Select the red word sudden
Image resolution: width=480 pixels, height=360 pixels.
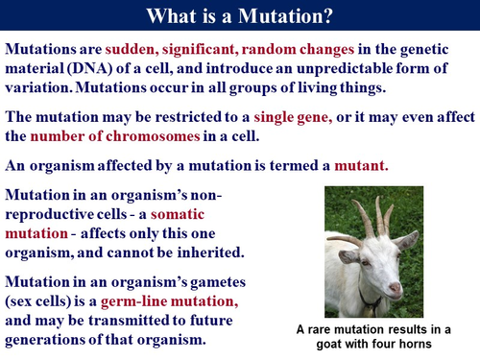point(135,48)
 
